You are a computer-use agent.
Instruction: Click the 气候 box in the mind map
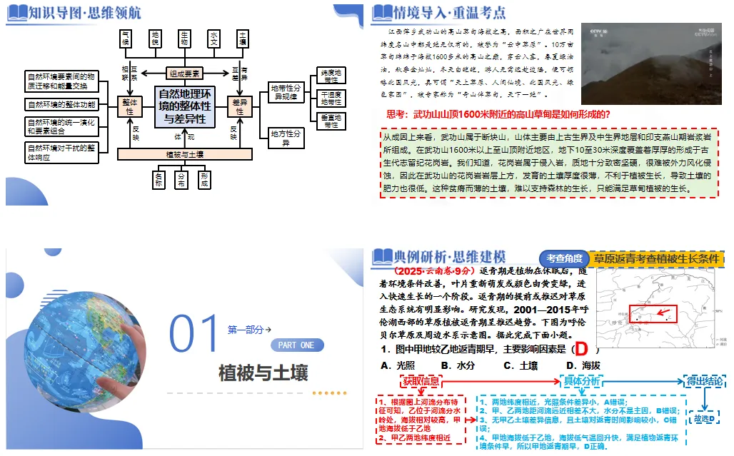126,39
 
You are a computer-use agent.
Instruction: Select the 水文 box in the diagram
213,39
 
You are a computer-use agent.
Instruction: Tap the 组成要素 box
184,74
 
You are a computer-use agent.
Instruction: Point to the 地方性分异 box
286,137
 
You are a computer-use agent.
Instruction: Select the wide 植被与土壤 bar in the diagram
184,154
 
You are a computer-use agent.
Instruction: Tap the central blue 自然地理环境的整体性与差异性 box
184,107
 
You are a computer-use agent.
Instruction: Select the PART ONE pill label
296,345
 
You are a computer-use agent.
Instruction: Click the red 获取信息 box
421,380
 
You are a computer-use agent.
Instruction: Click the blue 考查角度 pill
564,259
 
